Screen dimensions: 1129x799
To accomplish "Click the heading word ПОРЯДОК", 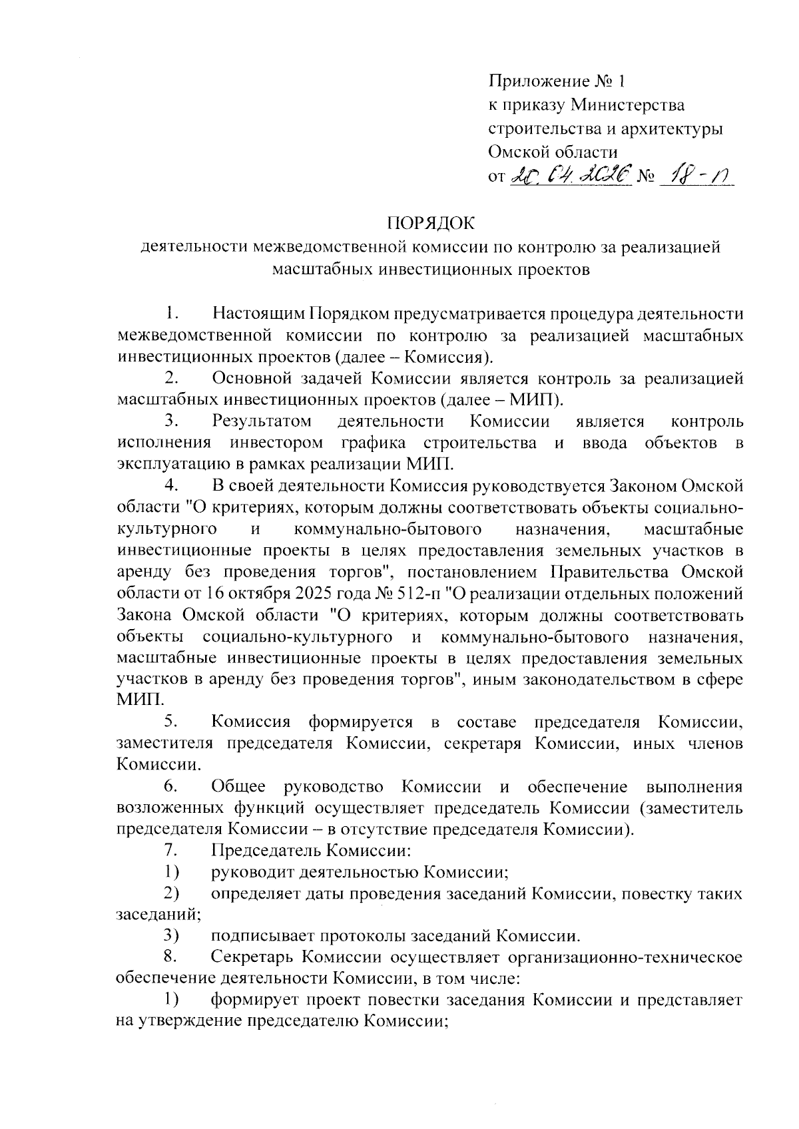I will click(432, 223).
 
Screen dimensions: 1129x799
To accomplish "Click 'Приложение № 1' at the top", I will click(557, 81).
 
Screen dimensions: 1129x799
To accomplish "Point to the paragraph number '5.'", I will click(171, 722).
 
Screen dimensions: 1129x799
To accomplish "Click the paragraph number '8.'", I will click(171, 957).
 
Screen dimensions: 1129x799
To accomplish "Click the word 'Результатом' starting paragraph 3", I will click(262, 422).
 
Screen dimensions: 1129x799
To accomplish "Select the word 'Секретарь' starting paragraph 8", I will click(253, 957).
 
